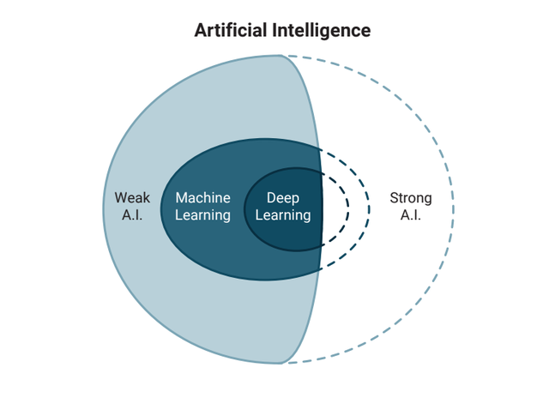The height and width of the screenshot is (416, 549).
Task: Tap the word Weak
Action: pyautogui.click(x=132, y=198)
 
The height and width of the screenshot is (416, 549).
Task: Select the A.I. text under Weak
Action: pyautogui.click(x=132, y=215)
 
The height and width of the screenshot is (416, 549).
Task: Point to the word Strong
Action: pyautogui.click(x=411, y=198)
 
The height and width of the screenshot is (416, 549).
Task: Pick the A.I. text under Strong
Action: pyautogui.click(x=411, y=215)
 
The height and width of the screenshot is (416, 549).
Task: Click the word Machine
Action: pyautogui.click(x=202, y=198)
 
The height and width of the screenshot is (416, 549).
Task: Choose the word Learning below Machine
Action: pyautogui.click(x=202, y=215)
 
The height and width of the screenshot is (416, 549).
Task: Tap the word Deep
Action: pyautogui.click(x=283, y=198)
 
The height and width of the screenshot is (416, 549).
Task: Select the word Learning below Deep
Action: pyautogui.click(x=283, y=215)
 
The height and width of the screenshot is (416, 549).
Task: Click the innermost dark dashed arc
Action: pyautogui.click(x=348, y=208)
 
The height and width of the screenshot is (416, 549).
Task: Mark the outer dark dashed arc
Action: pyautogui.click(x=369, y=208)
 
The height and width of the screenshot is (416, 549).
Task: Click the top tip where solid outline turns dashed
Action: pyautogui.click(x=282, y=56)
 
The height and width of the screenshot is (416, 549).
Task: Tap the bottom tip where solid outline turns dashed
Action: pyautogui.click(x=282, y=363)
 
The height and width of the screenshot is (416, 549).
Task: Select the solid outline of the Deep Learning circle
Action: pyautogui.click(x=245, y=208)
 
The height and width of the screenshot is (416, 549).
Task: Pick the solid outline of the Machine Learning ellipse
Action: pyautogui.click(x=160, y=208)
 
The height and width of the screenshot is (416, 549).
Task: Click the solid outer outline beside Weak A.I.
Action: pyautogui.click(x=103, y=208)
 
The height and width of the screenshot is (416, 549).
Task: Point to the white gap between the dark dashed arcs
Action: pyautogui.click(x=359, y=208)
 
